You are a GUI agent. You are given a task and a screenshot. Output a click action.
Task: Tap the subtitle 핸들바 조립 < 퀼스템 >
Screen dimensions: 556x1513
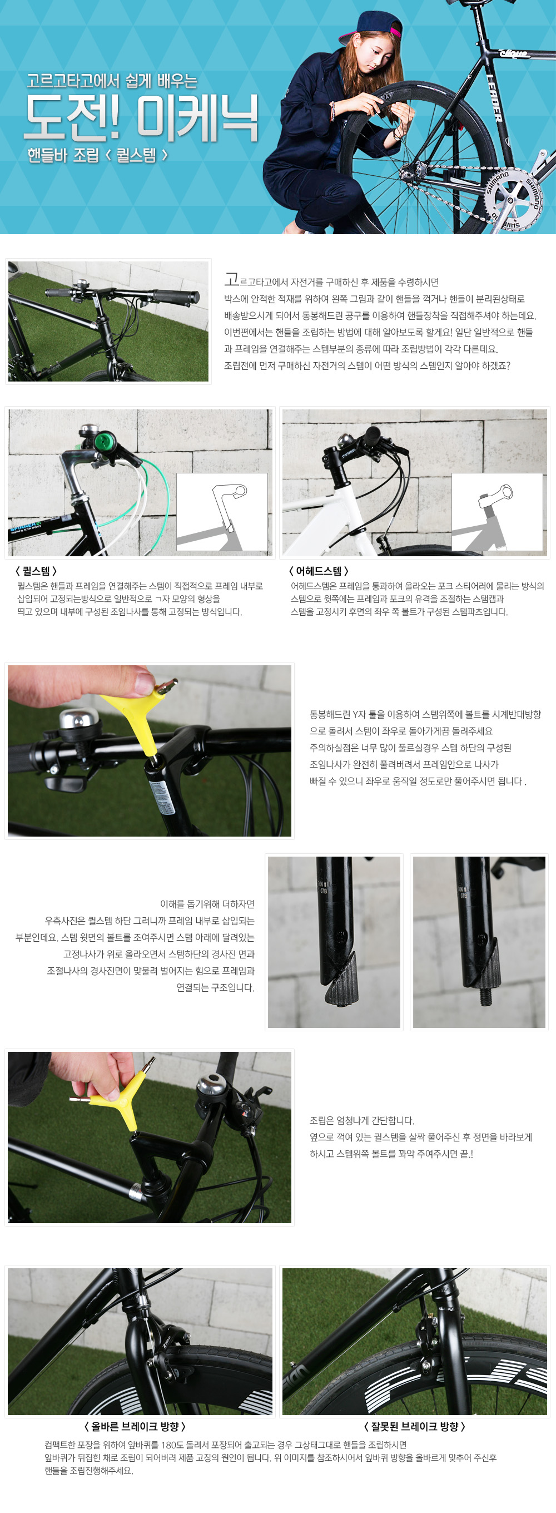tap(97, 156)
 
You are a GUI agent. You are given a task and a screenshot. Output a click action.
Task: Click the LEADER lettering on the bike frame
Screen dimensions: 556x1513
tap(494, 97)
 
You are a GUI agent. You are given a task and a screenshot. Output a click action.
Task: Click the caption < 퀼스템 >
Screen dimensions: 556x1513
tap(36, 571)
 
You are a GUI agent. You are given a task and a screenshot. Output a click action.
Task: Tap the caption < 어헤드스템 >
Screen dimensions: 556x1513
tap(319, 571)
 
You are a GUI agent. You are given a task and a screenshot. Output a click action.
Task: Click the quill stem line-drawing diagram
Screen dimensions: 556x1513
tap(222, 512)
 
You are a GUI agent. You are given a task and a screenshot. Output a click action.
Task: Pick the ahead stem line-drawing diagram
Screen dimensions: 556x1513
tap(497, 512)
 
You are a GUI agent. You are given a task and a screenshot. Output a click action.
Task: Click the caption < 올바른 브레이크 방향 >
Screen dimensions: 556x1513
tap(136, 1427)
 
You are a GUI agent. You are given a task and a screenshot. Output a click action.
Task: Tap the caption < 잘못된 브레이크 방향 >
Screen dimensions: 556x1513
tap(415, 1427)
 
